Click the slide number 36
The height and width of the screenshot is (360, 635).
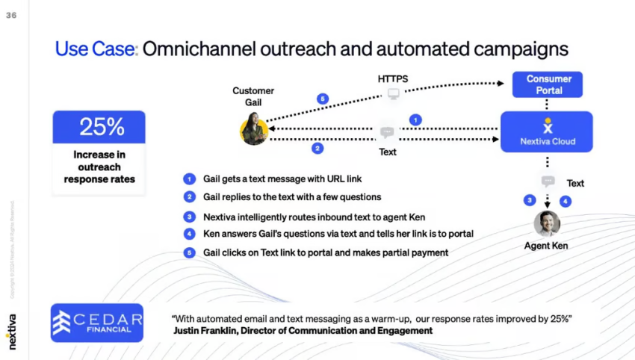(11, 15)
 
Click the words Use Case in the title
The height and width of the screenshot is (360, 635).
(95, 49)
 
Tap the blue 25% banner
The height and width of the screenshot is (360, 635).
(99, 127)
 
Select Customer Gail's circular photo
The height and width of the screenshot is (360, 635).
(254, 128)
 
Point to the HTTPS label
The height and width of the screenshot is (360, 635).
(393, 78)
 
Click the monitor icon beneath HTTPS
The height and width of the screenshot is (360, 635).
(393, 95)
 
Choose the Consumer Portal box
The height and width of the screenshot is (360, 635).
(548, 84)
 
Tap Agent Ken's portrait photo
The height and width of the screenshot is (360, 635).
(547, 223)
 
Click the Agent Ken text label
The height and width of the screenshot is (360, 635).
(546, 246)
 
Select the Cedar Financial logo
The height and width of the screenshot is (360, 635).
(97, 322)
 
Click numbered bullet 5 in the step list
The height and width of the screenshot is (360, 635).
(190, 252)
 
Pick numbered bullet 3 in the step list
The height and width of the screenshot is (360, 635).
(190, 217)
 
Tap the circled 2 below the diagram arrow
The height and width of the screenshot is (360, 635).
(317, 148)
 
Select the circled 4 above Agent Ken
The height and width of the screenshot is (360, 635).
(565, 200)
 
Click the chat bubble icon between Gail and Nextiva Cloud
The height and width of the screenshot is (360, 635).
(387, 132)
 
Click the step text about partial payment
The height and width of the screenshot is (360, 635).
(326, 252)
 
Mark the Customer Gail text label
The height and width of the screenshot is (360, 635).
(253, 96)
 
